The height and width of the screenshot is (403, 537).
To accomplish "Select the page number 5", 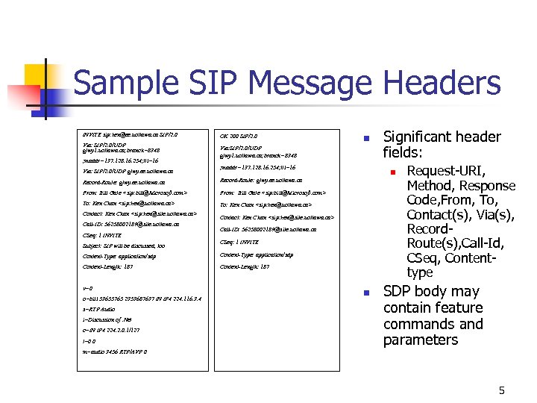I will pos(502,390).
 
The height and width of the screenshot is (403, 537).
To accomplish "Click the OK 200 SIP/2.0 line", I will pos(238,136).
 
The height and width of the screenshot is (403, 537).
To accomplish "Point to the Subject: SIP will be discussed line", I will pos(124,246).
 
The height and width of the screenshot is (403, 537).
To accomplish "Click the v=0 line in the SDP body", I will pos(88,288).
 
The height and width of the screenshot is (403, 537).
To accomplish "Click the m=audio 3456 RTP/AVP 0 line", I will pos(115,352).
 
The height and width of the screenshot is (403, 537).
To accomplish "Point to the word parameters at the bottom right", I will pos(421,340).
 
